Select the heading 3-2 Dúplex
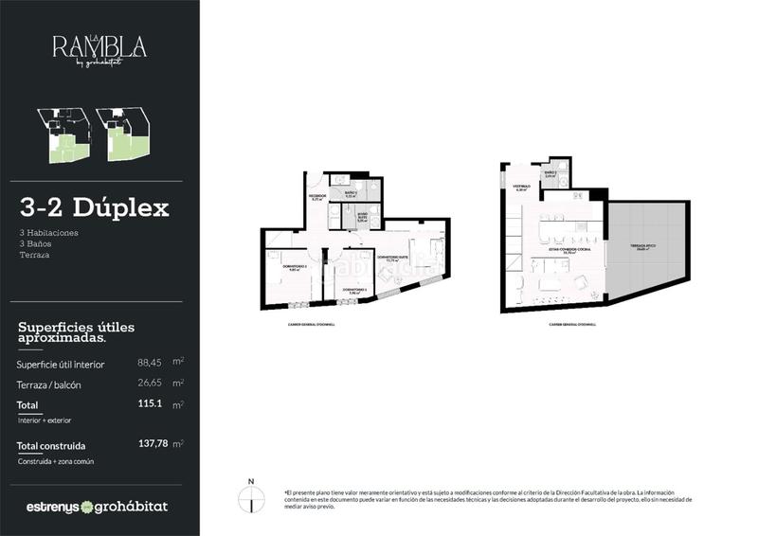click(94, 207)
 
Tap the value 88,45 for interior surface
click(149, 363)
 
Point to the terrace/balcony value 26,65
click(149, 384)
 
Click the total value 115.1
click(150, 404)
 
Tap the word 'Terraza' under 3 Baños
click(34, 255)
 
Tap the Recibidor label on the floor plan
click(316, 197)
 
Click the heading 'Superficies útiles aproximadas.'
click(76, 332)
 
